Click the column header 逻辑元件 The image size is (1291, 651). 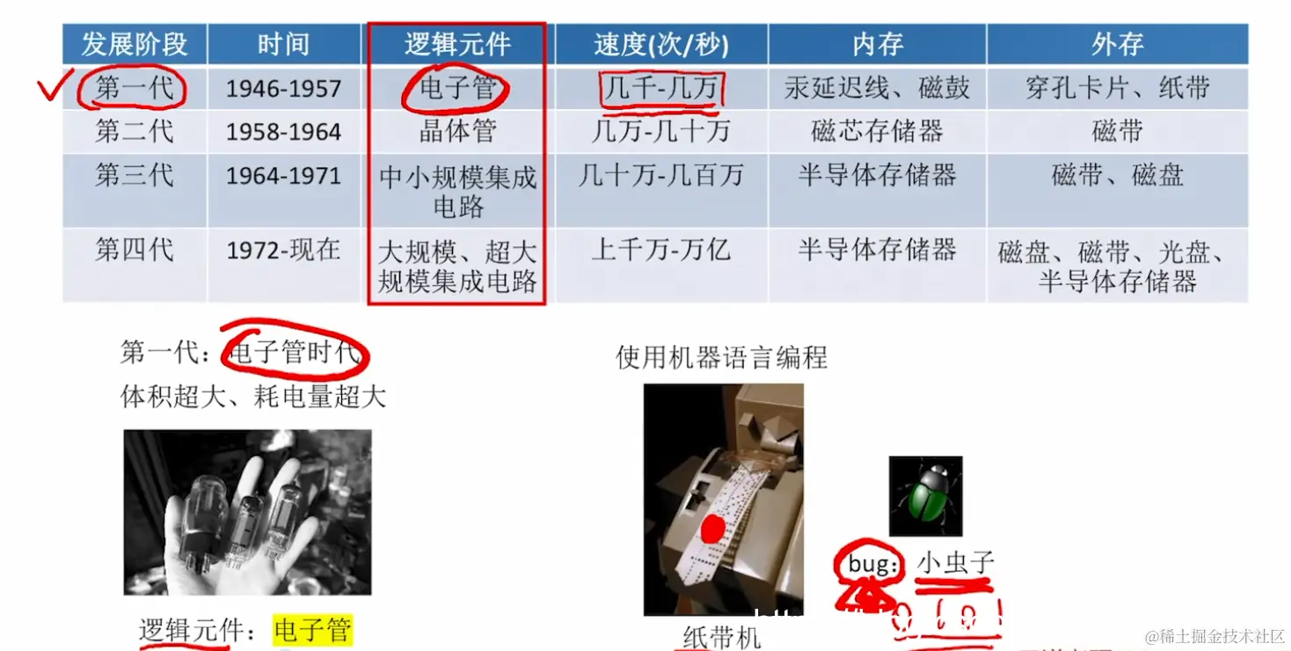point(457,44)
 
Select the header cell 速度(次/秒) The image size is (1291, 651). point(661,44)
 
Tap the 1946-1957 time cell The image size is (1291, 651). point(283,89)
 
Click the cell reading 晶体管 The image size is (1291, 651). point(457,132)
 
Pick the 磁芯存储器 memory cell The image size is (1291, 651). point(877,132)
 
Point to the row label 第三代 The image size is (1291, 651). point(135,175)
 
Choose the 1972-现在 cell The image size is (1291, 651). point(283,251)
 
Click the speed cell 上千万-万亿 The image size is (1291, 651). point(661,251)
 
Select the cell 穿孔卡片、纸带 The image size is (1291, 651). point(1117,88)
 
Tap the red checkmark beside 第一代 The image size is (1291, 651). point(53,88)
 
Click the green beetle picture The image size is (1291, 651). point(925,496)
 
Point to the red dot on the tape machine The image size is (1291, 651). point(712,529)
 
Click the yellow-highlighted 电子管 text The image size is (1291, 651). point(312,630)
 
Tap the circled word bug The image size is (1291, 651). point(871,564)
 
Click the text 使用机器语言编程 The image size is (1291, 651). point(721,357)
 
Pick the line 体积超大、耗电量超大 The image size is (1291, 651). point(253,397)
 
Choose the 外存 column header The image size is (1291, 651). point(1117,44)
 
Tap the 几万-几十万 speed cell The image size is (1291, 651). point(661,132)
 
